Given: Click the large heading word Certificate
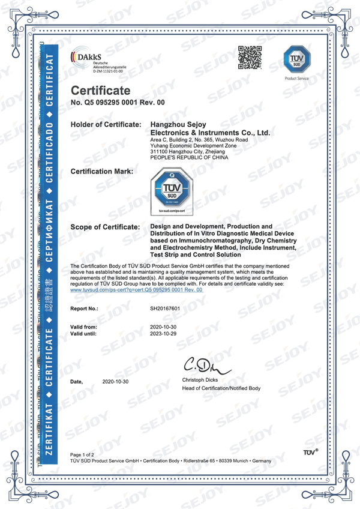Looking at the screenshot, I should click(x=100, y=91).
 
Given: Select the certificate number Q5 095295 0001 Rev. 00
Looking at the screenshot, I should click(x=118, y=103).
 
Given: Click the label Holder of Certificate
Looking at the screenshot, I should click(x=106, y=124).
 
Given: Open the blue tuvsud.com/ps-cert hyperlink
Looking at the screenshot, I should click(x=137, y=289).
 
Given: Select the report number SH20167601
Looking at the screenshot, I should click(x=166, y=310).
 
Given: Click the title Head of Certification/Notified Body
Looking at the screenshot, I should click(x=221, y=388).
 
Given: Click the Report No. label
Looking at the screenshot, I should click(x=85, y=310).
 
